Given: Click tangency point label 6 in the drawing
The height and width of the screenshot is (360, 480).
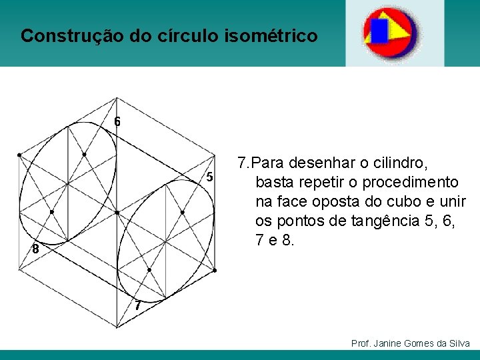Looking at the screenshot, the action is tap(117, 122).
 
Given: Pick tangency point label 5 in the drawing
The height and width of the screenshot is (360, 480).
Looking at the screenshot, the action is tap(209, 177).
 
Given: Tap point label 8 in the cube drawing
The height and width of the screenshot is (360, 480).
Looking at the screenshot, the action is tap(35, 250).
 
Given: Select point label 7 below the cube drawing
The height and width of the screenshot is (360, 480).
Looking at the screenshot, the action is tap(137, 307).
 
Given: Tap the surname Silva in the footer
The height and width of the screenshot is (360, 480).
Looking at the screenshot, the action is tap(459, 343).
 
